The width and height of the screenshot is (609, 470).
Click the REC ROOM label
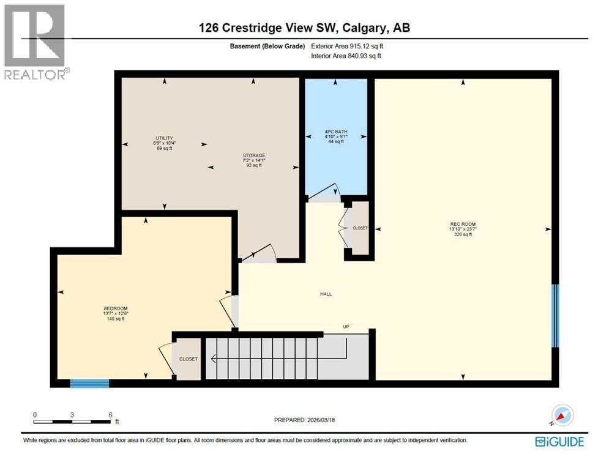coord(463,224)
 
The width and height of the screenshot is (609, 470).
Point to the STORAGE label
coord(253,155)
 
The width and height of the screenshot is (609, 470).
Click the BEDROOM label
coord(116,308)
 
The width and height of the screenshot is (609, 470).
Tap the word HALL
coord(326,294)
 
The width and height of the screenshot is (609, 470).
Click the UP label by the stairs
coord(346,327)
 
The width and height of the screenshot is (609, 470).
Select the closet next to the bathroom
coord(360,228)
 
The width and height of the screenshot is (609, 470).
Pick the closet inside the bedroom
coord(188,359)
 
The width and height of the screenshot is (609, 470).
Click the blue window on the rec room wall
coord(556,315)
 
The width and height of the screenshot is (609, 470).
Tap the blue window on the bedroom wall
coord(89,384)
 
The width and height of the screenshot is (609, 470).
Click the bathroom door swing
coord(324,193)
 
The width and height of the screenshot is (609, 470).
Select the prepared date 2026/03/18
coord(304,420)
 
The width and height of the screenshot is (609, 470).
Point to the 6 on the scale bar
coord(110,414)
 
